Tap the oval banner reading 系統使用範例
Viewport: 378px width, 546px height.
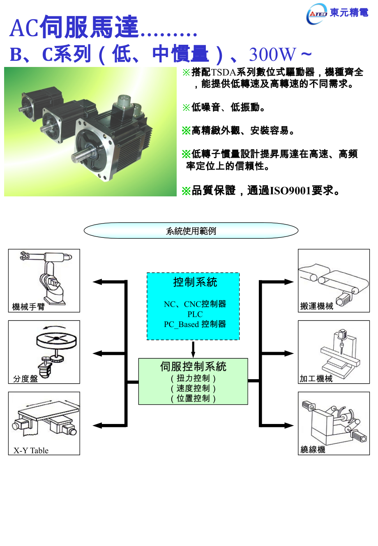[191, 231]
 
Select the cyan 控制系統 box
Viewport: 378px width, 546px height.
[193, 306]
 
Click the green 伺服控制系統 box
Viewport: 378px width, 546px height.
[193, 381]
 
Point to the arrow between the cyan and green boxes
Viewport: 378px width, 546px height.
[193, 349]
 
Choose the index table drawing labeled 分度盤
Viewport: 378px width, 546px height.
[44, 352]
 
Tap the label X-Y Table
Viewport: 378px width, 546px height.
[31, 450]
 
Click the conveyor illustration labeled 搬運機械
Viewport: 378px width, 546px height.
[334, 281]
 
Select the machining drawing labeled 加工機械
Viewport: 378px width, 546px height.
[334, 352]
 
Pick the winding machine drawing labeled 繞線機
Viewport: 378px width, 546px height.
[334, 423]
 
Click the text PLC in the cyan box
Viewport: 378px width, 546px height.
[195, 314]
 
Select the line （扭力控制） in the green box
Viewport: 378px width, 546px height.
[193, 378]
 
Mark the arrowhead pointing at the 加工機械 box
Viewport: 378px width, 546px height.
[289, 353]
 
